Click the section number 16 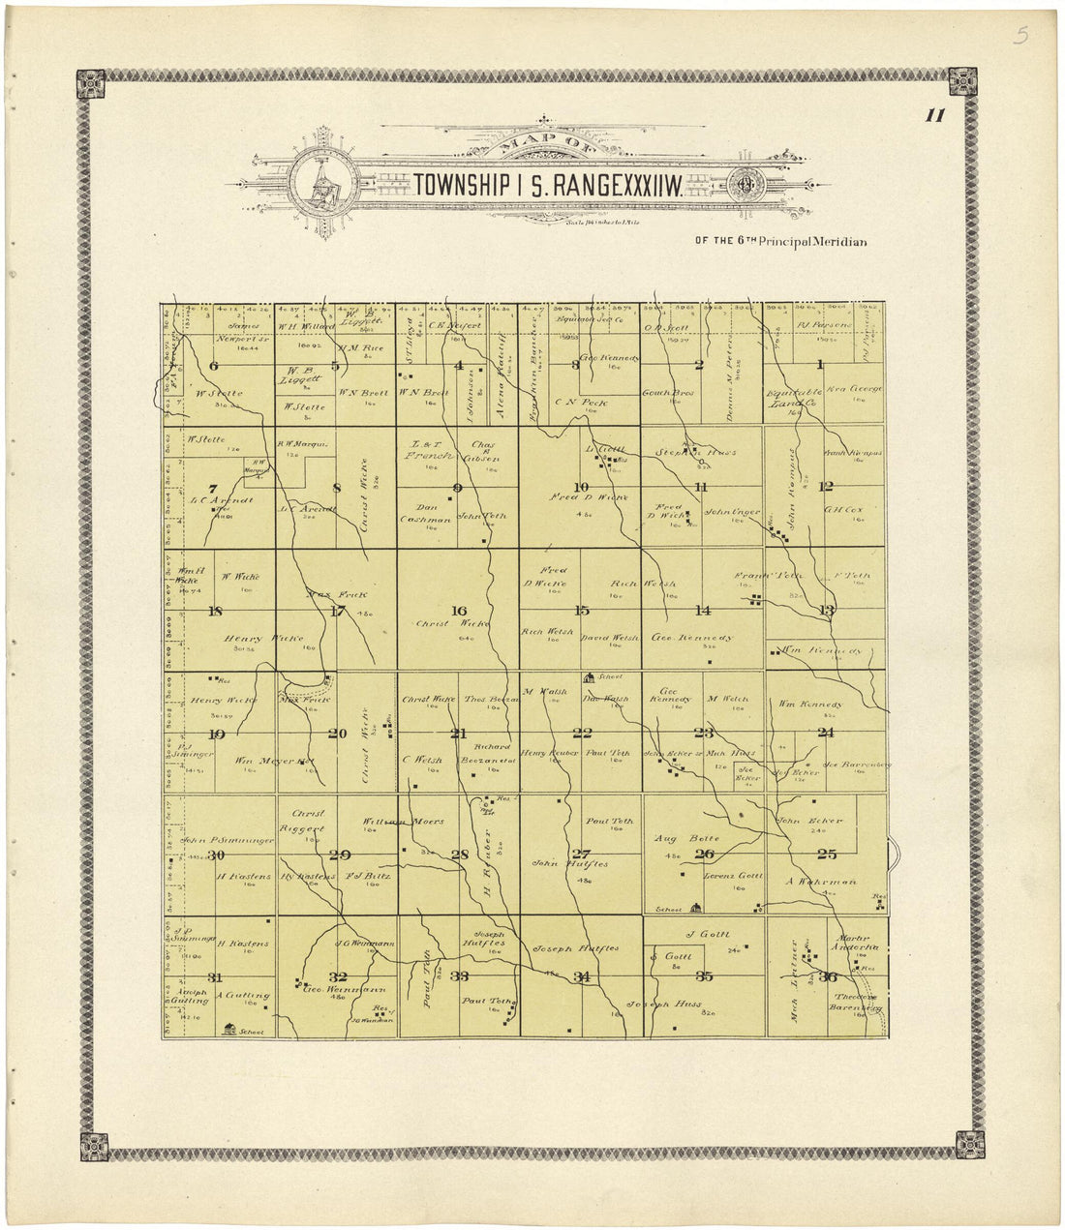click(458, 611)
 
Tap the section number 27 click(581, 854)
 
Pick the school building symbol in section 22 click(588, 677)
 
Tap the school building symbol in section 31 click(229, 1030)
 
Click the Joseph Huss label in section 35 click(664, 1004)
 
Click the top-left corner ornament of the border click(91, 84)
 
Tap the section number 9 click(457, 487)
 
